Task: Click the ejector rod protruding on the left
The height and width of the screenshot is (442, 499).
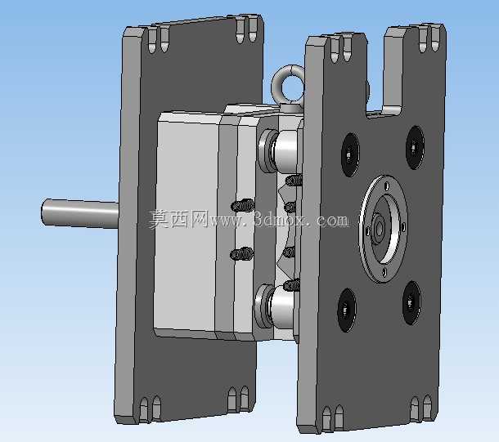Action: [80, 213]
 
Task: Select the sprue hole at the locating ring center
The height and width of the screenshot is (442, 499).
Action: [379, 227]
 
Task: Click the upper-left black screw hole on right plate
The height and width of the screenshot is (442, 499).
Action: [350, 154]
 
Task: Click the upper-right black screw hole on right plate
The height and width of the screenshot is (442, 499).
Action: [415, 147]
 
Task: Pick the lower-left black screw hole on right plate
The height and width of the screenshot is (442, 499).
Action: [347, 310]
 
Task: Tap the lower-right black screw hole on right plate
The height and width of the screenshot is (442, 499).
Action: [411, 303]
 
